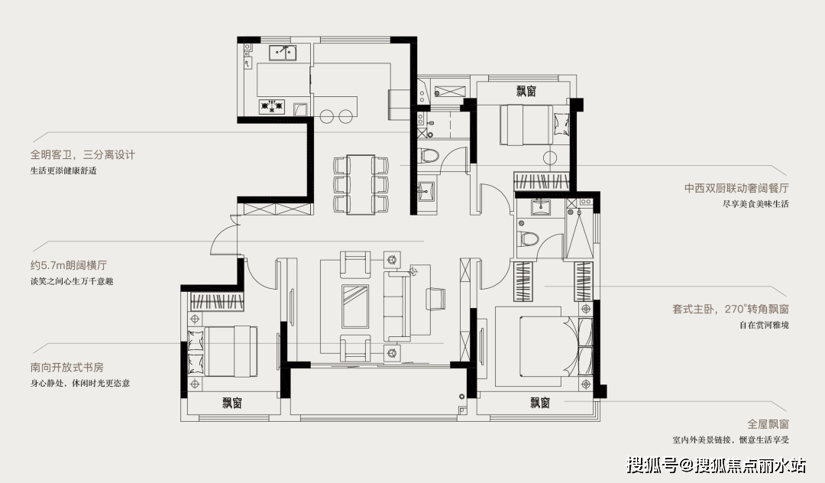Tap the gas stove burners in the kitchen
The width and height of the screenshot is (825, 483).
[x=271, y=107]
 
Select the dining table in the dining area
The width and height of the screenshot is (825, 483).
[x=361, y=184]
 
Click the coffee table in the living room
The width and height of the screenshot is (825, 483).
[x=355, y=306]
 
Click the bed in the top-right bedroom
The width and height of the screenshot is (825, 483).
[x=529, y=125]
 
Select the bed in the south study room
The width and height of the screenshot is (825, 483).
[x=222, y=351]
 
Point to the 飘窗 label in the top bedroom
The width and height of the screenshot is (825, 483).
[x=526, y=91]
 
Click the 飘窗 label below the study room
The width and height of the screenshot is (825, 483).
[x=232, y=404]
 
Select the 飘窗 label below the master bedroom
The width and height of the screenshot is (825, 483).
[x=540, y=403]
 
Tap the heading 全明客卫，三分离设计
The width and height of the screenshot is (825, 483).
[x=82, y=154]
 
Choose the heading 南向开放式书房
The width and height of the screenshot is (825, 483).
[x=66, y=368]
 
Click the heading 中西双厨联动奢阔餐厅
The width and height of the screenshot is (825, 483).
[x=736, y=188]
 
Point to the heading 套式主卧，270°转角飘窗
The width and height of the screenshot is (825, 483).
[x=730, y=309]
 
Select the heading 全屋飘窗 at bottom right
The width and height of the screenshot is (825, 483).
[x=768, y=423]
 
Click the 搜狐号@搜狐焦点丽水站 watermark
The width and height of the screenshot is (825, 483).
[x=716, y=465]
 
